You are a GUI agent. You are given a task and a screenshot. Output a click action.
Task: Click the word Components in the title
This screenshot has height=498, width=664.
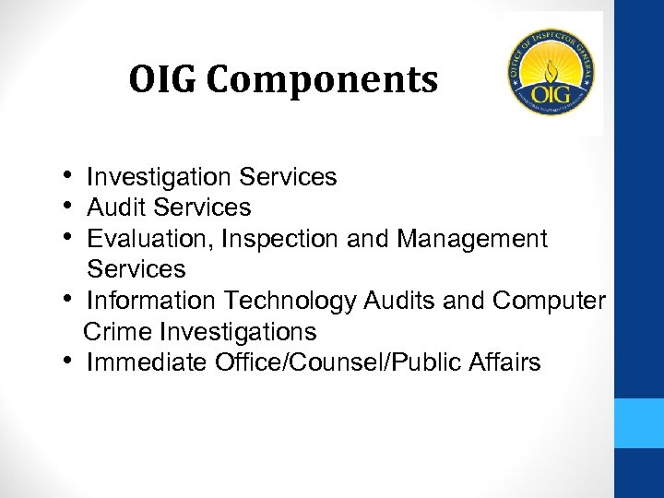click(322, 81)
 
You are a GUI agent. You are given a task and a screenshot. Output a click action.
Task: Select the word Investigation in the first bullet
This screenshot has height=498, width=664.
click(159, 177)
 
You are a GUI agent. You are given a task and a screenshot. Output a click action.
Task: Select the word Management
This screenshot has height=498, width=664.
click(472, 239)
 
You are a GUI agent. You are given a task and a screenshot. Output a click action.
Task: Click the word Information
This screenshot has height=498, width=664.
click(145, 301)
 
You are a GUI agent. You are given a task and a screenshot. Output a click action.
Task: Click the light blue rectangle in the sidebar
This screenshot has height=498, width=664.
click(639, 422)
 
